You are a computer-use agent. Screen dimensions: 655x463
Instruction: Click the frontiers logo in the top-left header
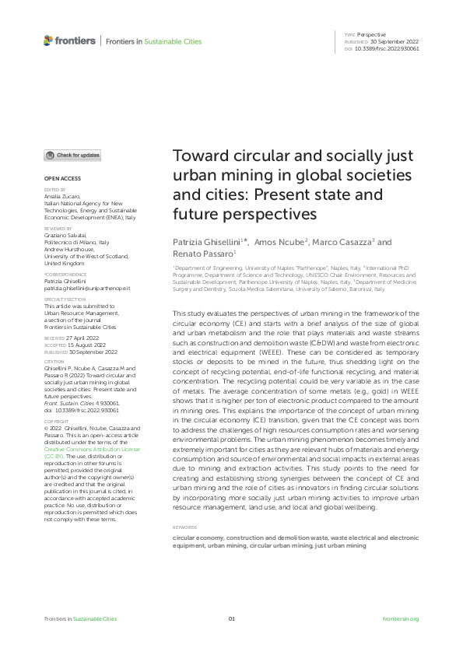[x=69, y=40]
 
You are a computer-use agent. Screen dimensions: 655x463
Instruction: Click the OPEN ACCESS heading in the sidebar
[x=61, y=179]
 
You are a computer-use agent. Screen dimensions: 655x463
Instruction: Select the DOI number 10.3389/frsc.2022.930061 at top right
[x=388, y=48]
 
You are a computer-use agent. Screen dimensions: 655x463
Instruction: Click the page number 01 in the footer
[x=231, y=618]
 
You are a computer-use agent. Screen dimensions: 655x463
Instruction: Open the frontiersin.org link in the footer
[x=402, y=618]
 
